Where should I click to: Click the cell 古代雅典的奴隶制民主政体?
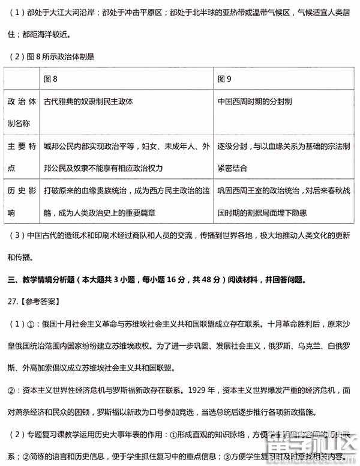tap(88, 102)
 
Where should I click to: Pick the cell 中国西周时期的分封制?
tap(255, 102)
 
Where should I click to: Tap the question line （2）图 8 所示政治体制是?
tap(52, 57)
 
